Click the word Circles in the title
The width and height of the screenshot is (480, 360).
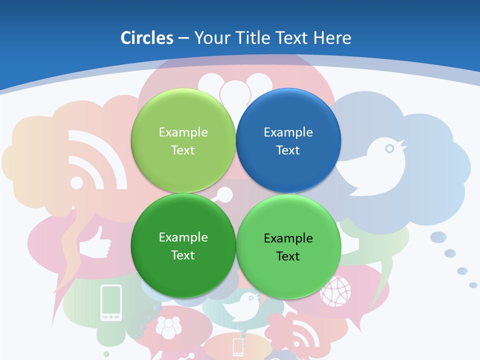(x=147, y=38)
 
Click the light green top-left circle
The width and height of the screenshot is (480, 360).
(x=183, y=140)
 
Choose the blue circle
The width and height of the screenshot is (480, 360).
(x=288, y=140)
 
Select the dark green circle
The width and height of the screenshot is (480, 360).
(x=183, y=245)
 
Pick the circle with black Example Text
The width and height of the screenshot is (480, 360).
(x=288, y=246)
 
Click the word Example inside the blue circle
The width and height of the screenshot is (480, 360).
(x=288, y=132)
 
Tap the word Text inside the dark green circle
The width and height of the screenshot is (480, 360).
(x=183, y=255)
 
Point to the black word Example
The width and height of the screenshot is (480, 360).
(x=288, y=238)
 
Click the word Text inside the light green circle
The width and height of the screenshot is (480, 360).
(x=183, y=150)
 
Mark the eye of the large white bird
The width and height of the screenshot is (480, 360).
(x=389, y=148)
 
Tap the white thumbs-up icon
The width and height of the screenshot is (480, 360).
(x=95, y=243)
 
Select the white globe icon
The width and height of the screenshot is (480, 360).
(x=335, y=290)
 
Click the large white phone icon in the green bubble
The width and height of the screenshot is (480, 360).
(x=111, y=302)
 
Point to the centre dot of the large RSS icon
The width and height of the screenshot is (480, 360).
(x=76, y=182)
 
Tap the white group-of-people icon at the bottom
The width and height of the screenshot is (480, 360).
(x=168, y=327)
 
